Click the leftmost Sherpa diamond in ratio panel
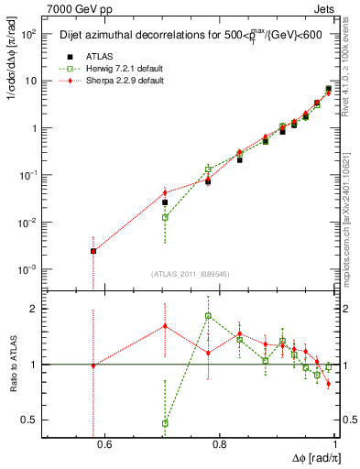(x=93, y=365)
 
